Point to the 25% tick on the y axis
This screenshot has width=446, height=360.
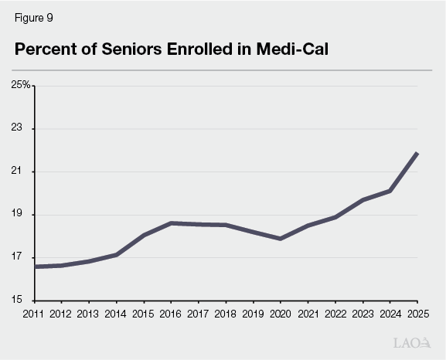[x=20, y=85]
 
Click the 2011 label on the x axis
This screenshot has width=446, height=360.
[x=34, y=314]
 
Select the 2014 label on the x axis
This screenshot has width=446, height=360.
[x=116, y=314]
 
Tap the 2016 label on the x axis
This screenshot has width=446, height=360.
[x=171, y=314]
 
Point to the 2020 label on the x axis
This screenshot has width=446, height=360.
[x=280, y=314]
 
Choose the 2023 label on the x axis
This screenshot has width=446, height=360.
[x=362, y=314]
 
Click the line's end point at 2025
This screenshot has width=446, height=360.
[x=417, y=153]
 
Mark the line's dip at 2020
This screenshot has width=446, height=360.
[x=280, y=239]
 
